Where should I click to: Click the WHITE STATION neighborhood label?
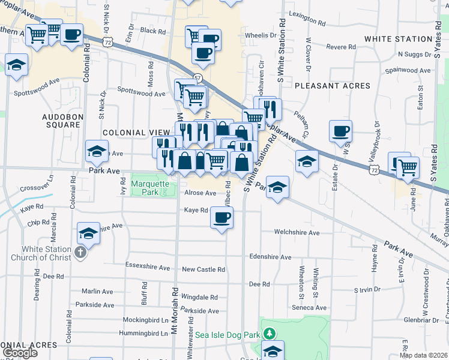pos(399,39)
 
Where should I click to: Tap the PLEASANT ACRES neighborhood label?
pos(333,86)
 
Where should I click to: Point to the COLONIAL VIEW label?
pos(133,133)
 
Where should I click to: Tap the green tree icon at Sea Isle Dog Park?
pos(270,332)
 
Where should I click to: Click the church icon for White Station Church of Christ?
pos(80,254)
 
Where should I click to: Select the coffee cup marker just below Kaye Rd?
pos(221,218)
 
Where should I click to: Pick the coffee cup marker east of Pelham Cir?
pos(340,131)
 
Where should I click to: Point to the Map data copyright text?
pos(424,355)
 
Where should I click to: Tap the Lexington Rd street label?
pos(307,14)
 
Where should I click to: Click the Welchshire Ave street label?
pos(297,232)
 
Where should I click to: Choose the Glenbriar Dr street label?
pos(424,320)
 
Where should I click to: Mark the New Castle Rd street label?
pos(203,270)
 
